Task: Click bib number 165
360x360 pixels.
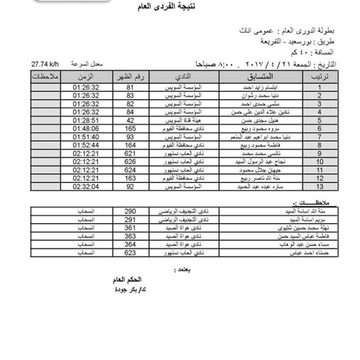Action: (128, 128)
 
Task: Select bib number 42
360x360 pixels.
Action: (128, 120)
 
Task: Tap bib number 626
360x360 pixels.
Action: (128, 162)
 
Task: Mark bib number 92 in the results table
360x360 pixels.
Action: (128, 187)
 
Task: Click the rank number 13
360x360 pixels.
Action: (320, 187)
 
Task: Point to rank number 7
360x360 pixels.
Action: (320, 137)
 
